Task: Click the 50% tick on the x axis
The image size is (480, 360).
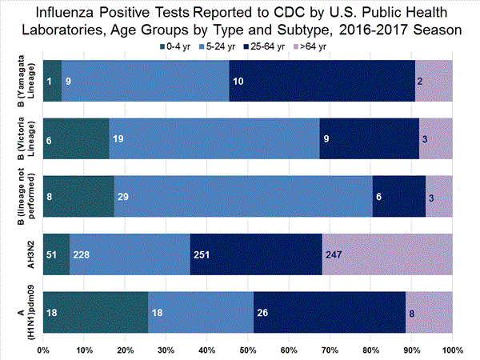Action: pos(248,350)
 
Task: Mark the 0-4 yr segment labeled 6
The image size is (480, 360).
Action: pos(76,139)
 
